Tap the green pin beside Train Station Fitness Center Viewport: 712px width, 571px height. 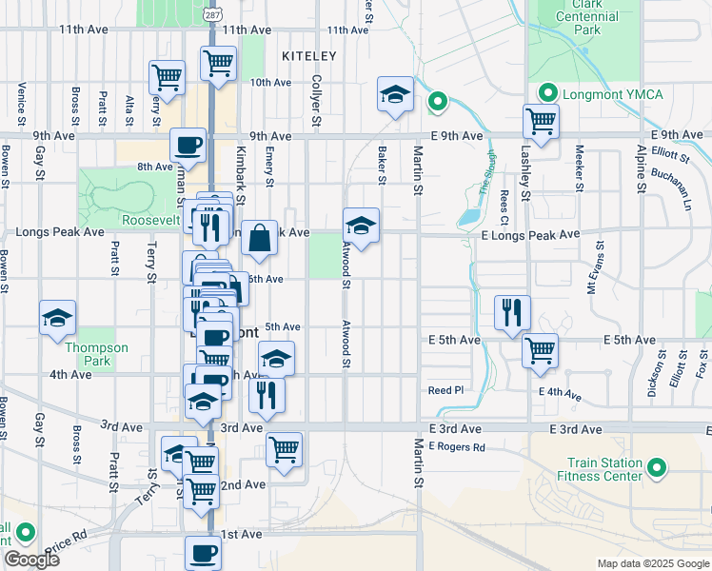pos(655,468)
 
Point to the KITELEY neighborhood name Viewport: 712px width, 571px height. pos(309,57)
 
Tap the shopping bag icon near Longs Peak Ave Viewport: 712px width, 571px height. pos(259,240)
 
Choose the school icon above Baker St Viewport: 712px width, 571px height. pos(395,94)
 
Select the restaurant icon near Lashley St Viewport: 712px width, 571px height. pos(513,311)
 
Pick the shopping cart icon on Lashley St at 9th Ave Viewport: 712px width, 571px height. pos(541,122)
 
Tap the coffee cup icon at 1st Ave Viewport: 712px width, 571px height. pos(202,551)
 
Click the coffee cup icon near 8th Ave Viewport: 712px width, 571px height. pos(188,146)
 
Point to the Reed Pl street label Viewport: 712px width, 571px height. pos(445,390)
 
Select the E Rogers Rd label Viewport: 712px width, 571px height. pos(457,446)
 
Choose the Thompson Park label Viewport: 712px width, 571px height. pos(96,354)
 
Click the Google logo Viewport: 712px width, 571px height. pos(31,560)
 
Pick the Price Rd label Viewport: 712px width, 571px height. pos(68,543)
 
